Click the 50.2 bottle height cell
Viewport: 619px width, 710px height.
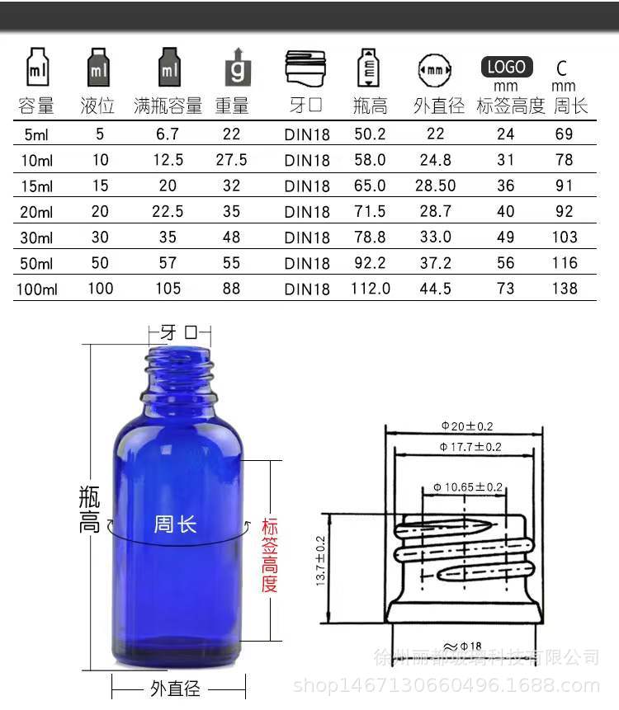point(370,134)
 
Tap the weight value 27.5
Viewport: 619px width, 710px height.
point(232,160)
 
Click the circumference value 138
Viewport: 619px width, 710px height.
point(564,289)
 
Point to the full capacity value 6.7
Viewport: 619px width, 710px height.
point(168,134)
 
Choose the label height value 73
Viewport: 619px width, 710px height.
point(505,289)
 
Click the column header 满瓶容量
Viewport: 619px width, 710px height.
point(168,106)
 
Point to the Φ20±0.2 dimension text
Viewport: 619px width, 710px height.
point(466,426)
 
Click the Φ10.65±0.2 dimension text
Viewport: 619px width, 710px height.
point(468,487)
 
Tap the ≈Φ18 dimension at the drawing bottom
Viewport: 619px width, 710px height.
point(466,646)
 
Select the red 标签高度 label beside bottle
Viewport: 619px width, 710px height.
point(270,555)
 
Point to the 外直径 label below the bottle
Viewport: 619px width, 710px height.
point(176,688)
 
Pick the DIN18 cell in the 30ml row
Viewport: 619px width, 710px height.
point(307,237)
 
